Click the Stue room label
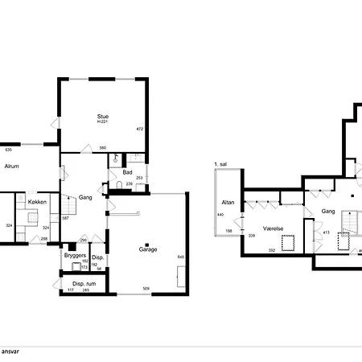(x=102, y=116)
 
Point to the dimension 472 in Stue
(x=139, y=129)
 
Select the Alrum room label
(x=12, y=167)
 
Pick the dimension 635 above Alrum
(x=9, y=150)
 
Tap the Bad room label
(x=127, y=172)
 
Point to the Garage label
(x=146, y=249)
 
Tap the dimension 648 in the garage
(x=181, y=257)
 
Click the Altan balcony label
(x=228, y=202)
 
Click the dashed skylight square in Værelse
(x=286, y=239)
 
